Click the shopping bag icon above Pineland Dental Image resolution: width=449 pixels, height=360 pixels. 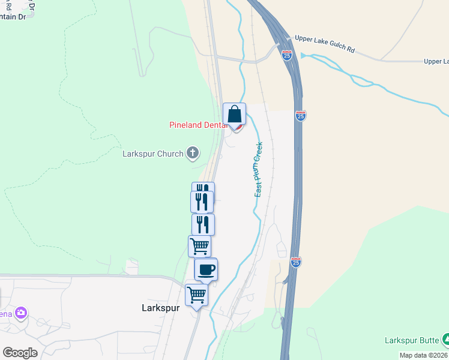[234, 113]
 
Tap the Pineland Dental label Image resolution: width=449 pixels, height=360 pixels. [198, 125]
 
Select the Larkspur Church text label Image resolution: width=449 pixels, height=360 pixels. [152, 154]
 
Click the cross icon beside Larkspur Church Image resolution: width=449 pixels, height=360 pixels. [193, 154]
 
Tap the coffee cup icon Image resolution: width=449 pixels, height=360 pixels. [206, 269]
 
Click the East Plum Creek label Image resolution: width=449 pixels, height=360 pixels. [259, 169]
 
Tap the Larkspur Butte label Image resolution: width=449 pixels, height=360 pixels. [411, 340]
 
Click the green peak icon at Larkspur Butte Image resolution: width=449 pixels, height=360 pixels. [445, 340]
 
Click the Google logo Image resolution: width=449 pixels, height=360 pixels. [20, 352]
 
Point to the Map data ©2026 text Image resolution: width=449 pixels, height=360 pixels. [424, 355]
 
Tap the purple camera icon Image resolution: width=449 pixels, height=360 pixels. [22, 313]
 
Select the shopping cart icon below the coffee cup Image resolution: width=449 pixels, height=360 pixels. [196, 295]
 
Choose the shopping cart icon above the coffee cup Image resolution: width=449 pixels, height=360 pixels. [199, 245]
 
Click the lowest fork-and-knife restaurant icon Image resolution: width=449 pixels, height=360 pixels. [203, 224]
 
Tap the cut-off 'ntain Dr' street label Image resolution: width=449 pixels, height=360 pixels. [13, 17]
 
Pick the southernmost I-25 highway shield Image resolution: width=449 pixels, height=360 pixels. [295, 262]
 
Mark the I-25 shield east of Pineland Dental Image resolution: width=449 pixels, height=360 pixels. [301, 116]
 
